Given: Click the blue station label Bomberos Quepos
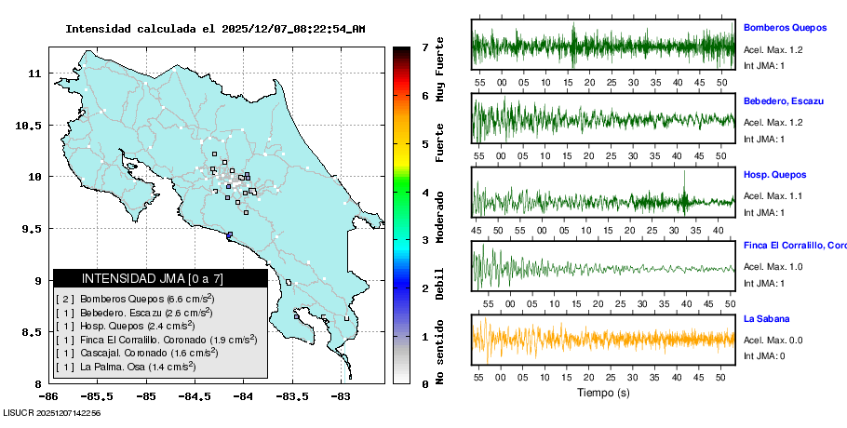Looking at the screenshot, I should coord(782,28).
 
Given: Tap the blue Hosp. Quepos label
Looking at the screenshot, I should coord(774,174).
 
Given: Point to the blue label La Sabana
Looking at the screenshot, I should coord(766,318).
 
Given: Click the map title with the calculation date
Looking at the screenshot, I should coord(215,29).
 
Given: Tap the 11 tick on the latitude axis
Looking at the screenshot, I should coord(33,73).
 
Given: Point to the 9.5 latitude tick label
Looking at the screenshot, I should coord(30,229).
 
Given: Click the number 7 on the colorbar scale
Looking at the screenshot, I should coord(424,47).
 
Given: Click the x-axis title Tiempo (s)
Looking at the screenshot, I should coord(604,392).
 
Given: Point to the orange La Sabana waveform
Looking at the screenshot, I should coord(604,340).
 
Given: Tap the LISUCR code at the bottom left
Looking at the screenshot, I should coord(52,412).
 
